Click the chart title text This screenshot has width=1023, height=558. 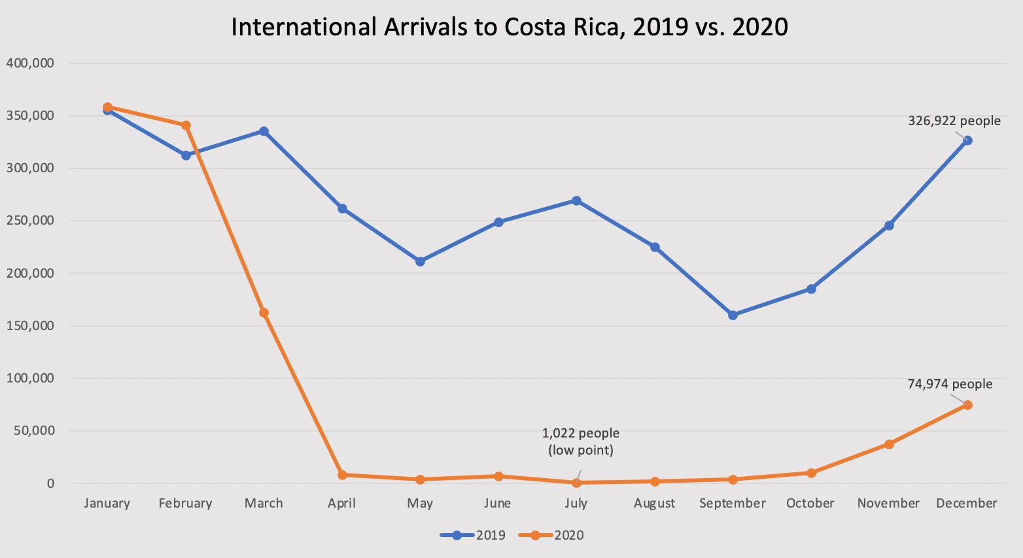(510, 28)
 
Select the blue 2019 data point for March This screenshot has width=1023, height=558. (264, 132)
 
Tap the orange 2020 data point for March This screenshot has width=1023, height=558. (264, 313)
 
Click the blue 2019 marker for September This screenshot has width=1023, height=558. (733, 315)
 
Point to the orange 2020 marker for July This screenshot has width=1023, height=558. (576, 483)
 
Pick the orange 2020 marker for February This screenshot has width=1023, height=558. (186, 125)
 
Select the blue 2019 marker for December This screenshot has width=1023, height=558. (967, 141)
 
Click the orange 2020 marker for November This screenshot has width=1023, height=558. (889, 444)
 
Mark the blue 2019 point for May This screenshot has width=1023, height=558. (420, 261)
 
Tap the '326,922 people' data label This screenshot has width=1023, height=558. (954, 121)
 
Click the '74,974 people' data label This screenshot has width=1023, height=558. (950, 384)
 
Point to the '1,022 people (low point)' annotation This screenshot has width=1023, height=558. (580, 441)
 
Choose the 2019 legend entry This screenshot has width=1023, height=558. (474, 535)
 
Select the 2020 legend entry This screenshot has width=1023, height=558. (552, 535)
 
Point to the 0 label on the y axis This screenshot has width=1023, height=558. (50, 484)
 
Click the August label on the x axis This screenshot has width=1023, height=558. (654, 504)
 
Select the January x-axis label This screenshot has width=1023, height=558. (107, 504)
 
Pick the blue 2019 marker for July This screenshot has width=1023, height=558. (576, 201)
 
